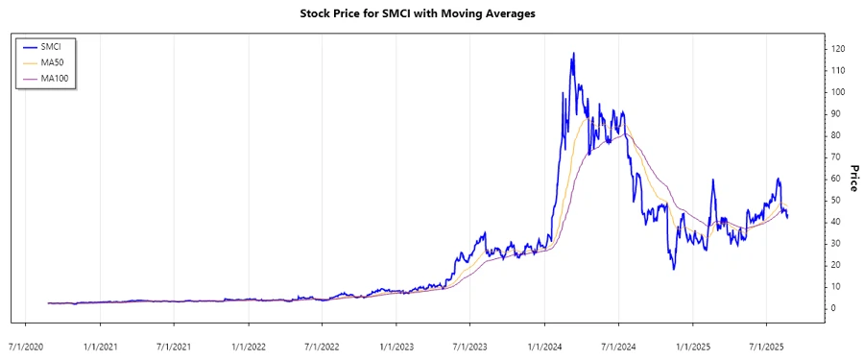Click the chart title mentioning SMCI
pyautogui.click(x=431, y=14)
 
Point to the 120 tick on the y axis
pyautogui.click(x=838, y=49)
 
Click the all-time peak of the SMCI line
pyautogui.click(x=573, y=54)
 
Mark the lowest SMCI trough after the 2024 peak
pyautogui.click(x=674, y=269)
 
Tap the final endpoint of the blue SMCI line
pyautogui.click(x=788, y=218)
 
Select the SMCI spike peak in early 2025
pyautogui.click(x=713, y=180)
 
